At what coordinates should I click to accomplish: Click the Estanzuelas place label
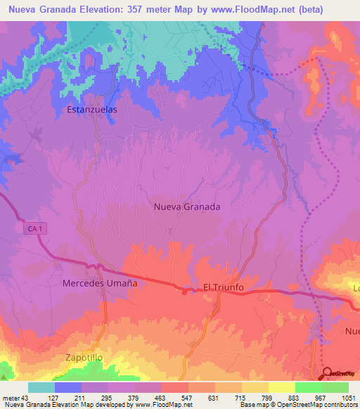pyautogui.click(x=91, y=110)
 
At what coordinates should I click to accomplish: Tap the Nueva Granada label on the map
pyautogui.click(x=187, y=207)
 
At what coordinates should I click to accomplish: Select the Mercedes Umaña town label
pyautogui.click(x=99, y=283)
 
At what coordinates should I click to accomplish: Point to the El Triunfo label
pyautogui.click(x=223, y=287)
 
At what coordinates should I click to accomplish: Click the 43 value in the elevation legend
pyautogui.click(x=26, y=397)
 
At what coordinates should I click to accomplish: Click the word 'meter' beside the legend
pyautogui.click(x=11, y=397)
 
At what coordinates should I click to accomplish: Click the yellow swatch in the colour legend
pyautogui.click(x=281, y=387)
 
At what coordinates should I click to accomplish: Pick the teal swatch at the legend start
pyautogui.click(x=41, y=387)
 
